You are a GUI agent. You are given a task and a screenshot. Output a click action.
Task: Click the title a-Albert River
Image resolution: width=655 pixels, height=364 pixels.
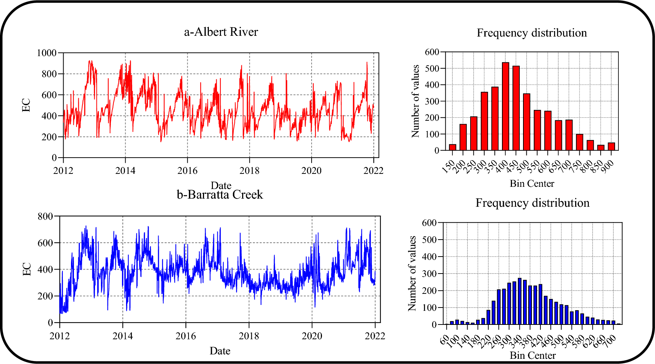pos(221,32)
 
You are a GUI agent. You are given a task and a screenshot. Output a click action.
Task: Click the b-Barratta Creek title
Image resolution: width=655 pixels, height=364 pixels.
pos(220,195)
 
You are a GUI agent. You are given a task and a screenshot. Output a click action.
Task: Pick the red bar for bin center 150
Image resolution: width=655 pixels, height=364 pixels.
pos(452,147)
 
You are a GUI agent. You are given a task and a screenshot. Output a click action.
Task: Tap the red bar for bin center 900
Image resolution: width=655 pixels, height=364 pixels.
pos(611,147)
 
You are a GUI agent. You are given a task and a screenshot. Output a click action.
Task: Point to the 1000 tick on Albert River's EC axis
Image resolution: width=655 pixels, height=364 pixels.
pos(47,53)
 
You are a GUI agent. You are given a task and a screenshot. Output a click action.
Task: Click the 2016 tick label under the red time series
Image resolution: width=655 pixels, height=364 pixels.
pos(187,171)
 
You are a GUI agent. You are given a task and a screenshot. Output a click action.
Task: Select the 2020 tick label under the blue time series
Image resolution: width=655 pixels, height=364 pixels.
pos(312,336)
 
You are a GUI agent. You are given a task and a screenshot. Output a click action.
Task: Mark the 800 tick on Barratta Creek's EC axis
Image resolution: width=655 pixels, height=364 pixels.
pos(45,216)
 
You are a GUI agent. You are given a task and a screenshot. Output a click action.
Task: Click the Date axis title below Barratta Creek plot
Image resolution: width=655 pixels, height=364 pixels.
pos(220,351)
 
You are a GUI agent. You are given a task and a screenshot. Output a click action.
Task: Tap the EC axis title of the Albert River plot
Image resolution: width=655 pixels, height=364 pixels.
pos(26,105)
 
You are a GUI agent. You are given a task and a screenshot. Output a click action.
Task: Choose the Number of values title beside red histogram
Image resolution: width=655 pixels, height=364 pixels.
pos(415,101)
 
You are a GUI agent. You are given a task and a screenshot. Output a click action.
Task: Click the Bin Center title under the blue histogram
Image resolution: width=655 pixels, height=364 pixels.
pos(533,356)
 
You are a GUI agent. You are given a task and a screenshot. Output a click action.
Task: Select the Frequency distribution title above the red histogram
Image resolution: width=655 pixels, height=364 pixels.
pos(532,33)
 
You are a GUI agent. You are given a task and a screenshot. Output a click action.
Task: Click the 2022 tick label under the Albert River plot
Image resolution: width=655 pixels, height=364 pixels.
pos(373,171)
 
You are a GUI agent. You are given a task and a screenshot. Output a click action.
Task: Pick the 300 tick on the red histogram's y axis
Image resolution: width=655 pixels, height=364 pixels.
pos(432,101)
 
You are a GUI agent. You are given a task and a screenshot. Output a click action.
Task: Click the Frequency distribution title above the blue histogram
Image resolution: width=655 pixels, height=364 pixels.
pos(532,203)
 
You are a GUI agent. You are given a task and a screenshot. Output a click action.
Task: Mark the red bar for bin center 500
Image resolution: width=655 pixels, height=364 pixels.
pos(527,122)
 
